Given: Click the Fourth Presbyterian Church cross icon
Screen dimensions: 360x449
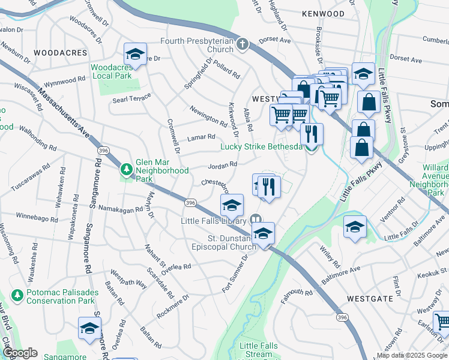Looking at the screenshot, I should pyautogui.click(x=242, y=44).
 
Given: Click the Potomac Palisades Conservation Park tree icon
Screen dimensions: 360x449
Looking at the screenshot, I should pyautogui.click(x=17, y=295).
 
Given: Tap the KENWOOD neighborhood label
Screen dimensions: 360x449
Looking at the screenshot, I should pyautogui.click(x=324, y=14).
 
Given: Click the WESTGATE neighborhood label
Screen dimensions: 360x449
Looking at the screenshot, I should pyautogui.click(x=369, y=298).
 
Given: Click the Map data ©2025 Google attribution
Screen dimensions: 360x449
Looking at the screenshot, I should pyautogui.click(x=412, y=355).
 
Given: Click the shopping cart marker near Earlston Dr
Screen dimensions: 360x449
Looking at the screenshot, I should pyautogui.click(x=442, y=322).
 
